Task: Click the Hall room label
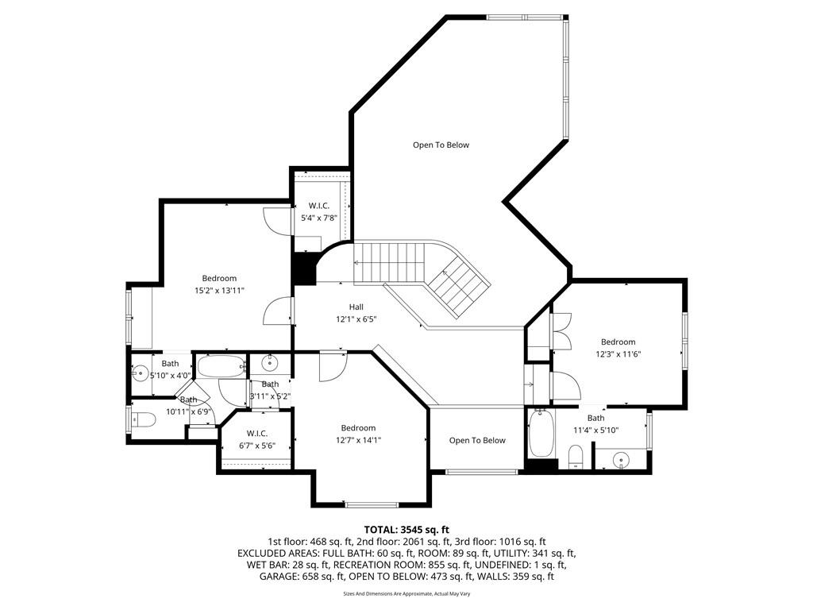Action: coord(356,313)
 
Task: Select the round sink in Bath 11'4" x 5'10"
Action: coord(620,459)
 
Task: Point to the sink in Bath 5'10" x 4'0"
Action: coord(140,373)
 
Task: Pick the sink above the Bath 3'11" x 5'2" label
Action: coord(270,362)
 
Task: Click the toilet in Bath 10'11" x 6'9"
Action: coord(144,419)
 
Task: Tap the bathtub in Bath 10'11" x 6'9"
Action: coord(222,366)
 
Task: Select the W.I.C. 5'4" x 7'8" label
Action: coord(319,211)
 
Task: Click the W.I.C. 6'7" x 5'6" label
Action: coord(257,439)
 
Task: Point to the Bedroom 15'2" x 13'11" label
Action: coord(219,284)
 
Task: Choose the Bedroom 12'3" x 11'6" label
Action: coord(618,348)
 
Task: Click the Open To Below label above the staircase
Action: coord(441,145)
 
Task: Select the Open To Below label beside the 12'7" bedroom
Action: coord(477,440)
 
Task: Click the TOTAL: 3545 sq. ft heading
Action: coord(406,530)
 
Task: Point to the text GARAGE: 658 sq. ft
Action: coord(302,577)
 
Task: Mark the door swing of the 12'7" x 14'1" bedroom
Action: coord(333,366)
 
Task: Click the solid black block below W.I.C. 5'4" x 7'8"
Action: coord(304,268)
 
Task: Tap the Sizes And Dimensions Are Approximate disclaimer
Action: coord(406,594)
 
